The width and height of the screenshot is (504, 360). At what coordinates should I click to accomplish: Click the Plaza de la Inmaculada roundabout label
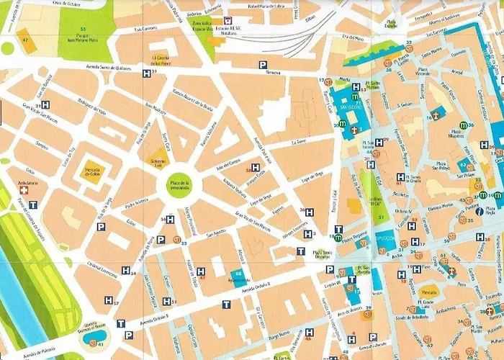(179, 186)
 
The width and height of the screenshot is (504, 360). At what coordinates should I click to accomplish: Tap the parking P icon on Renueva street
(263, 65)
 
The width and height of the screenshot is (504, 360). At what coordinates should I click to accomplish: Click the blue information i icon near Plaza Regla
(479, 211)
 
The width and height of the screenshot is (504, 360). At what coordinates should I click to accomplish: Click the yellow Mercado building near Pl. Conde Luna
(428, 294)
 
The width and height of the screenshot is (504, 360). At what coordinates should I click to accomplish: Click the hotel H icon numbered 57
(108, 300)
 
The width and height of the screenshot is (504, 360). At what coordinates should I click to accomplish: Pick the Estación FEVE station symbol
(228, 20)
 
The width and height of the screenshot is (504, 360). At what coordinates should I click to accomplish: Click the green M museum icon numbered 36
(464, 125)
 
